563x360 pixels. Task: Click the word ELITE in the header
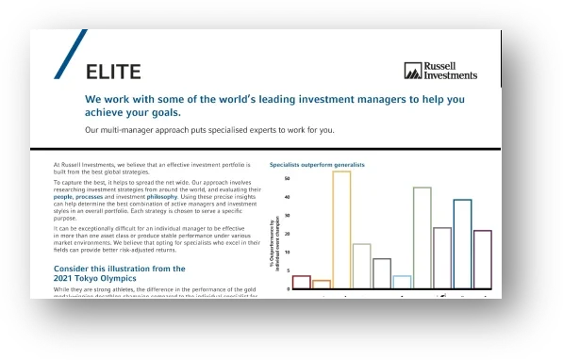pos(113,71)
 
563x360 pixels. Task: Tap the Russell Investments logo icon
pos(412,71)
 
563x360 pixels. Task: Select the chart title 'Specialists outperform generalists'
pos(317,164)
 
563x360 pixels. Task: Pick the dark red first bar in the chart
pos(301,281)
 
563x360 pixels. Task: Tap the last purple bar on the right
pos(482,258)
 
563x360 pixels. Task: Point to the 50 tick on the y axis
pos(287,178)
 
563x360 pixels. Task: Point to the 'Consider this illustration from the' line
pos(119,269)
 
